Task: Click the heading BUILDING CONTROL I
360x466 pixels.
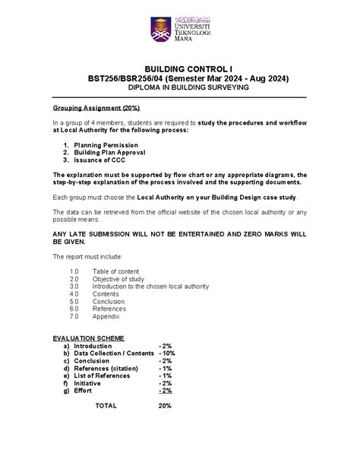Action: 180,68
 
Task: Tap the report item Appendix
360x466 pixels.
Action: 107,319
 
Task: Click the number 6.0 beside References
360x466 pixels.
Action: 74,310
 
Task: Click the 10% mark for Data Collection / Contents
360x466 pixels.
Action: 167,353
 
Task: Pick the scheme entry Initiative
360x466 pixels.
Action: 87,384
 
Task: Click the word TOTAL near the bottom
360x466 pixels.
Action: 106,406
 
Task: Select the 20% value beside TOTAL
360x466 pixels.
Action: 165,406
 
